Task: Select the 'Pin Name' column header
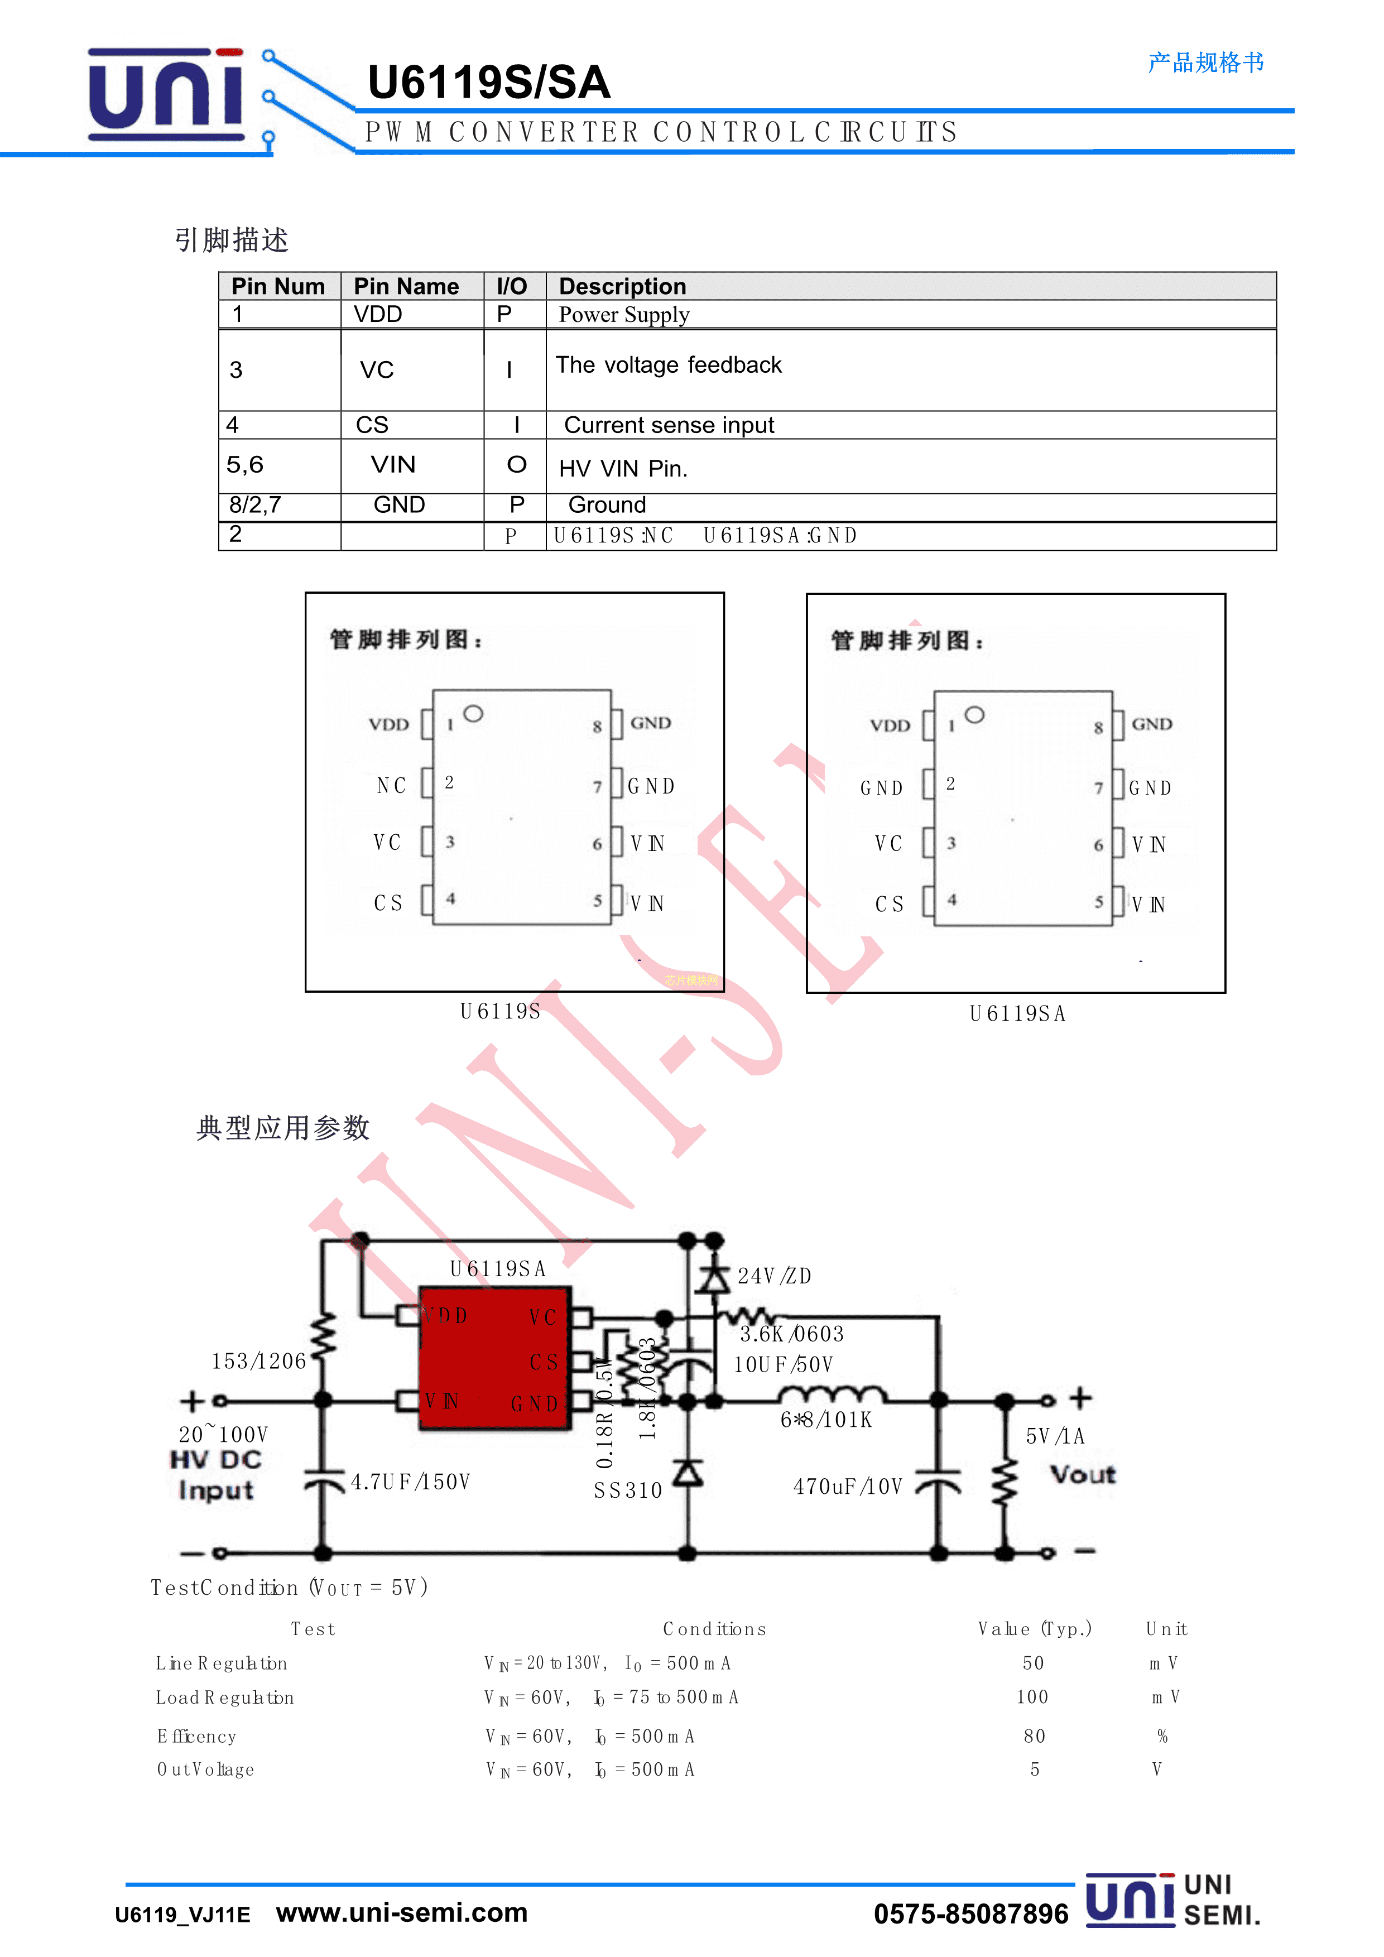(406, 286)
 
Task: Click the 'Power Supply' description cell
(624, 315)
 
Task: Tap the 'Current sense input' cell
(669, 425)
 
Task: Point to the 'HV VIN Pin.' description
(623, 468)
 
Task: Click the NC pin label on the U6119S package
(391, 785)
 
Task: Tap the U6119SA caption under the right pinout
(1017, 1013)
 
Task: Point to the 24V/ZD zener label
(774, 1276)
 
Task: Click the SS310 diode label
(627, 1490)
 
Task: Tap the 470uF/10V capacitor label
(847, 1487)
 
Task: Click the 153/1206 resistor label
(258, 1361)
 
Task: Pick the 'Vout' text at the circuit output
(1082, 1474)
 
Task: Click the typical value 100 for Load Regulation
(1032, 1697)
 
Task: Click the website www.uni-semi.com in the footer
(401, 1913)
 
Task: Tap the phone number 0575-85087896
(970, 1915)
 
